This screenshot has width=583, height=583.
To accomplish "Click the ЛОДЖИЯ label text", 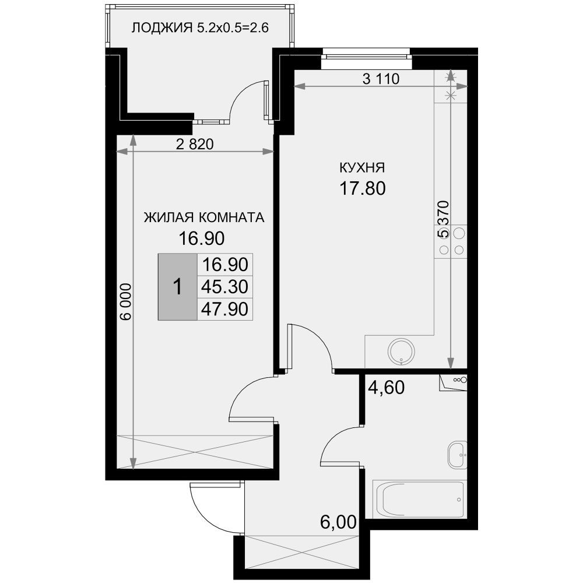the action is tap(162, 28).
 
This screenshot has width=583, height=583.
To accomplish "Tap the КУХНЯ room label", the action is tap(362, 168).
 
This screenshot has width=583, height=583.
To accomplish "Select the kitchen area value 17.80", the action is tap(363, 188).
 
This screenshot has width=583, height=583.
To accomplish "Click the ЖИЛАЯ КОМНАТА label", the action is tap(204, 217).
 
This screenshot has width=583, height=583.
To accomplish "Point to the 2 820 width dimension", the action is tap(195, 144).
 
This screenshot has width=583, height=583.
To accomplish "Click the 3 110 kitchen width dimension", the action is tap(381, 79).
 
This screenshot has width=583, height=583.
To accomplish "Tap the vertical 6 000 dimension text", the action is tap(126, 301).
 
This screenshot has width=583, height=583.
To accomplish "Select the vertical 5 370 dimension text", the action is tap(444, 219).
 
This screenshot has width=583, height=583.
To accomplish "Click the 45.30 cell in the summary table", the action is tap(224, 287).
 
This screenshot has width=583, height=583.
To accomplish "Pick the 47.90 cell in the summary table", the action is tap(224, 309).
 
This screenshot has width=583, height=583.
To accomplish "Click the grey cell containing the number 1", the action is tap(178, 287).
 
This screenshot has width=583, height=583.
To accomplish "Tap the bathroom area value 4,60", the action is tap(386, 388).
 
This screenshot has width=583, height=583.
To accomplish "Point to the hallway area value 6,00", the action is tap(338, 522).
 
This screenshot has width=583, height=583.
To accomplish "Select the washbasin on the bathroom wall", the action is tap(457, 455).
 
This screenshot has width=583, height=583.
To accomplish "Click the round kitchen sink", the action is tap(402, 352).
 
